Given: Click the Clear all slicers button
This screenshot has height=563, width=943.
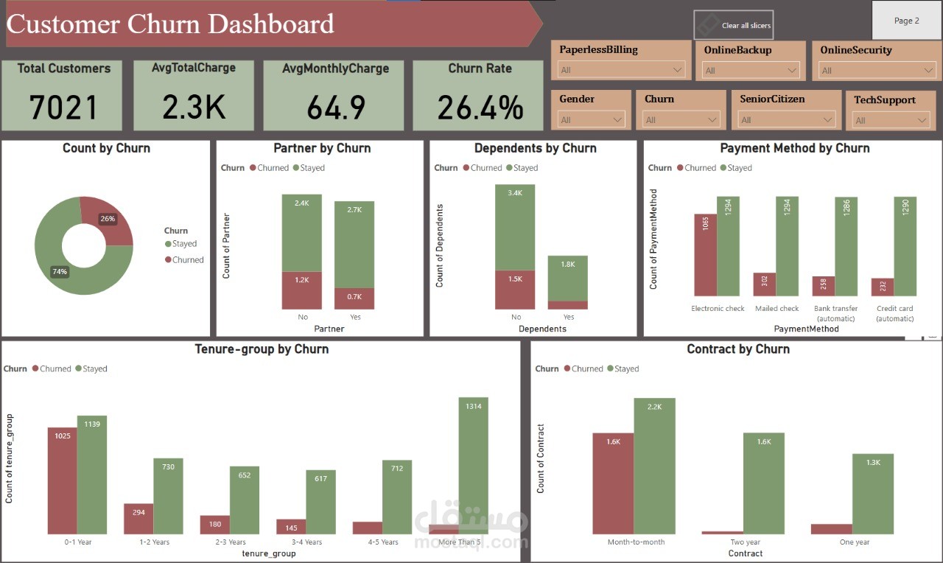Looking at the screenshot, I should (x=734, y=25).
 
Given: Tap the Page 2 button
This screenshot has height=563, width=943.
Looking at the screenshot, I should (x=906, y=21).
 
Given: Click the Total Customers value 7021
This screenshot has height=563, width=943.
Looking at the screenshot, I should (x=63, y=107).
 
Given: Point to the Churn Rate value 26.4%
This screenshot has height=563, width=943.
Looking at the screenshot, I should (x=480, y=107).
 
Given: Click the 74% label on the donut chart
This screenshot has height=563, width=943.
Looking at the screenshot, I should (x=60, y=272).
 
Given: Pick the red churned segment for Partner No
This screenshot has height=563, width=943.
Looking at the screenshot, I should (x=302, y=290).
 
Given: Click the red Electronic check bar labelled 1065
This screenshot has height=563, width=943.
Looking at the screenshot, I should (x=705, y=255).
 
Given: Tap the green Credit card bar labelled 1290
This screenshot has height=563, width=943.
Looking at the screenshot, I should (x=905, y=246).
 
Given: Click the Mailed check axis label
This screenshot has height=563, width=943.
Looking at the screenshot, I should (x=777, y=309).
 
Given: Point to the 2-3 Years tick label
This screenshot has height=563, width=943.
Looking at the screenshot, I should (x=230, y=542).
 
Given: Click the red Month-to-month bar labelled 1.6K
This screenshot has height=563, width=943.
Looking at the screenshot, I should (x=613, y=483).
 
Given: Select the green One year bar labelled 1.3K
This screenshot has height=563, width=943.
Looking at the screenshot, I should (x=872, y=494).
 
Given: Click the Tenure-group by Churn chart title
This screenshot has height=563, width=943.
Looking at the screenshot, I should (x=261, y=349).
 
